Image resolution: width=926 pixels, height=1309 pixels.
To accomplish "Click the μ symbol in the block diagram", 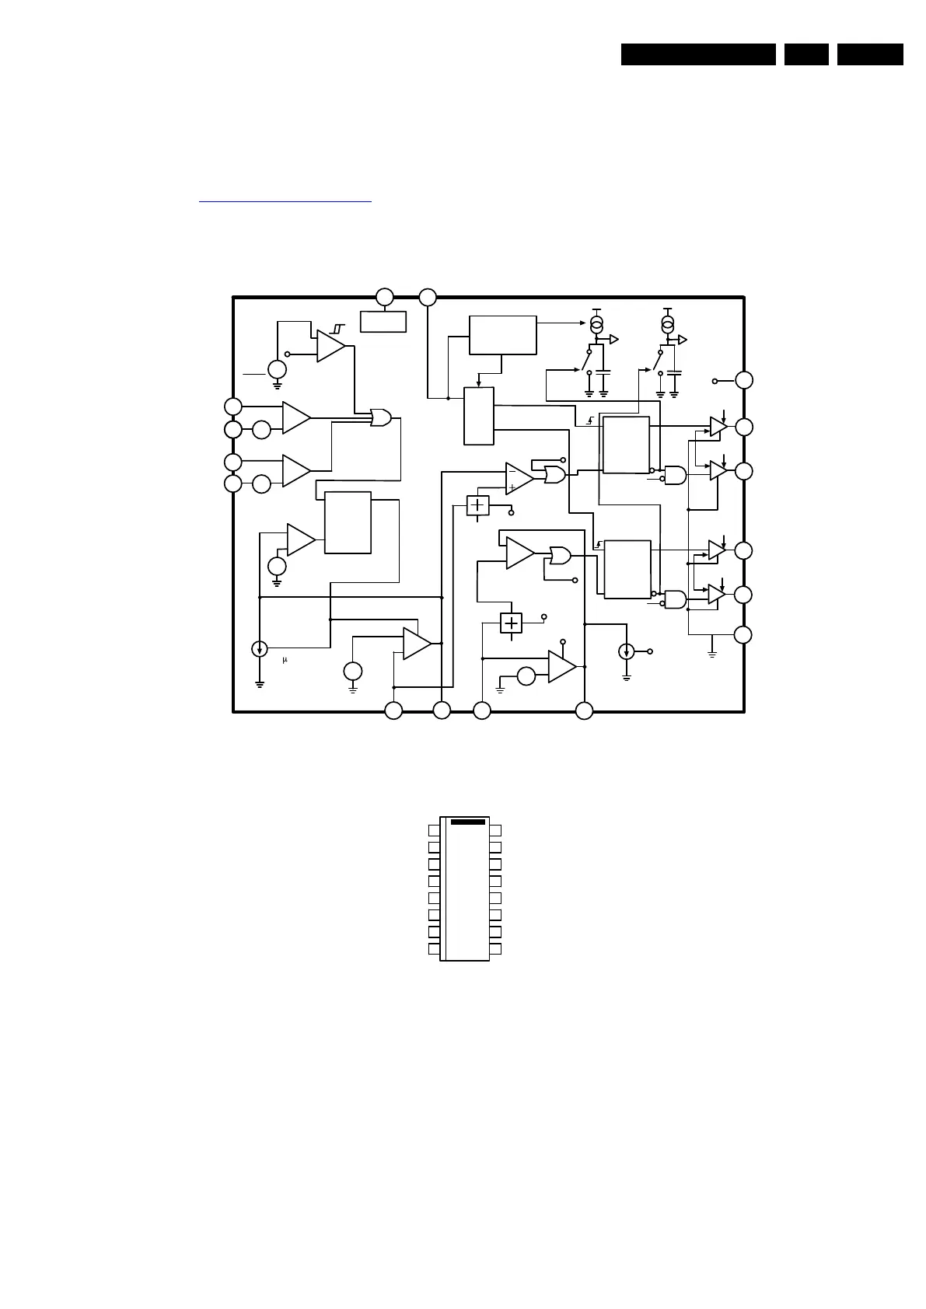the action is point(285,660).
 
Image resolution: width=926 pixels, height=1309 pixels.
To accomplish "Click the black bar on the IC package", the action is point(467,821).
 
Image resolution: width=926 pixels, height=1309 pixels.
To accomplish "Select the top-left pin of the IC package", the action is point(433,830).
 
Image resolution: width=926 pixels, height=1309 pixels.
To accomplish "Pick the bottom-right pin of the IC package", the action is point(495,949).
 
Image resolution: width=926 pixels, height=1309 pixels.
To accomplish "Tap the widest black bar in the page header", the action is point(698,54).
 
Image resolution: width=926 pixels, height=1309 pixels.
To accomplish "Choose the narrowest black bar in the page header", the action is point(806,54).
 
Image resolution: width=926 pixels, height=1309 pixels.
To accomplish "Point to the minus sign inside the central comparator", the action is point(512,471).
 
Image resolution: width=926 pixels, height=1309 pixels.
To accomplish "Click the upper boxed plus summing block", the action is point(477,505).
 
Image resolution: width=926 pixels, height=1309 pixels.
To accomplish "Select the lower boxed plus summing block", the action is point(511,623).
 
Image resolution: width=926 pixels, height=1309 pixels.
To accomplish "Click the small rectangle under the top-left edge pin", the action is point(383,321).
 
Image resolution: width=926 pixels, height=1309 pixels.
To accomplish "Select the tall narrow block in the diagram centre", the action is point(478,416).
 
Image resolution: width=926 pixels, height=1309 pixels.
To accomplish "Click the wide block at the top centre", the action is point(502,336).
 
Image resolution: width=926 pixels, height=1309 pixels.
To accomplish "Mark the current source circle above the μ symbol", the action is point(260,648).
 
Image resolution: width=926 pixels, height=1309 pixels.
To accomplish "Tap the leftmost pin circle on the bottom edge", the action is point(394,710).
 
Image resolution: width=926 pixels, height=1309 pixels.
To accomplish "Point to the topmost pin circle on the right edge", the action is point(744,380).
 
